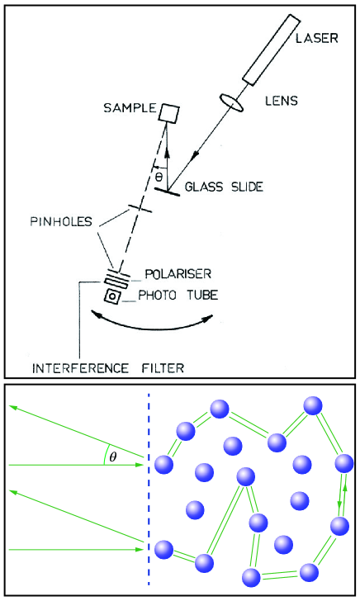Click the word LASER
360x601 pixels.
point(315,40)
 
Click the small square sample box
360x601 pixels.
point(171,112)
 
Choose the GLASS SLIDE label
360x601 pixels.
point(223,187)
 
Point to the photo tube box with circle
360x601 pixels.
point(109,296)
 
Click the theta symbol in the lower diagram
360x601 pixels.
point(113,456)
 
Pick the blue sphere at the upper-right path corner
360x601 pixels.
point(312,405)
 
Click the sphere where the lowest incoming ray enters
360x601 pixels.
point(163,548)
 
